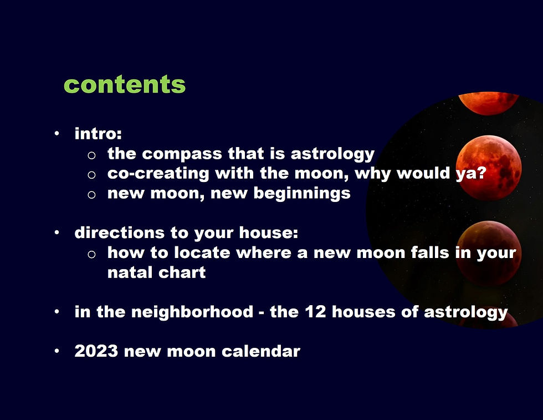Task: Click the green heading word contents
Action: (x=125, y=85)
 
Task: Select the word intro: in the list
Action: (x=99, y=134)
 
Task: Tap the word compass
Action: (x=182, y=154)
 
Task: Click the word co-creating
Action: (x=158, y=174)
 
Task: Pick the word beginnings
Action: (x=302, y=194)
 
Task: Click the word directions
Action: (x=120, y=232)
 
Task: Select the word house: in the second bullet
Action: (x=269, y=232)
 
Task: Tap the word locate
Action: (x=202, y=252)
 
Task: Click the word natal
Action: (x=129, y=272)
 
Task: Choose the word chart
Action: (x=182, y=272)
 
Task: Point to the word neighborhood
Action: (x=192, y=312)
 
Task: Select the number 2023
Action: (x=96, y=351)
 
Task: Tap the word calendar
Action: (x=261, y=351)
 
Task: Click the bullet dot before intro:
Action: (x=57, y=134)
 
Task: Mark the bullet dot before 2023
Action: (x=57, y=351)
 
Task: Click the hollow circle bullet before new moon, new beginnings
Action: (x=91, y=195)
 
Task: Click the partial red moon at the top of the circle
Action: (x=489, y=103)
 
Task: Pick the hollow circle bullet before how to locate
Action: (x=91, y=254)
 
